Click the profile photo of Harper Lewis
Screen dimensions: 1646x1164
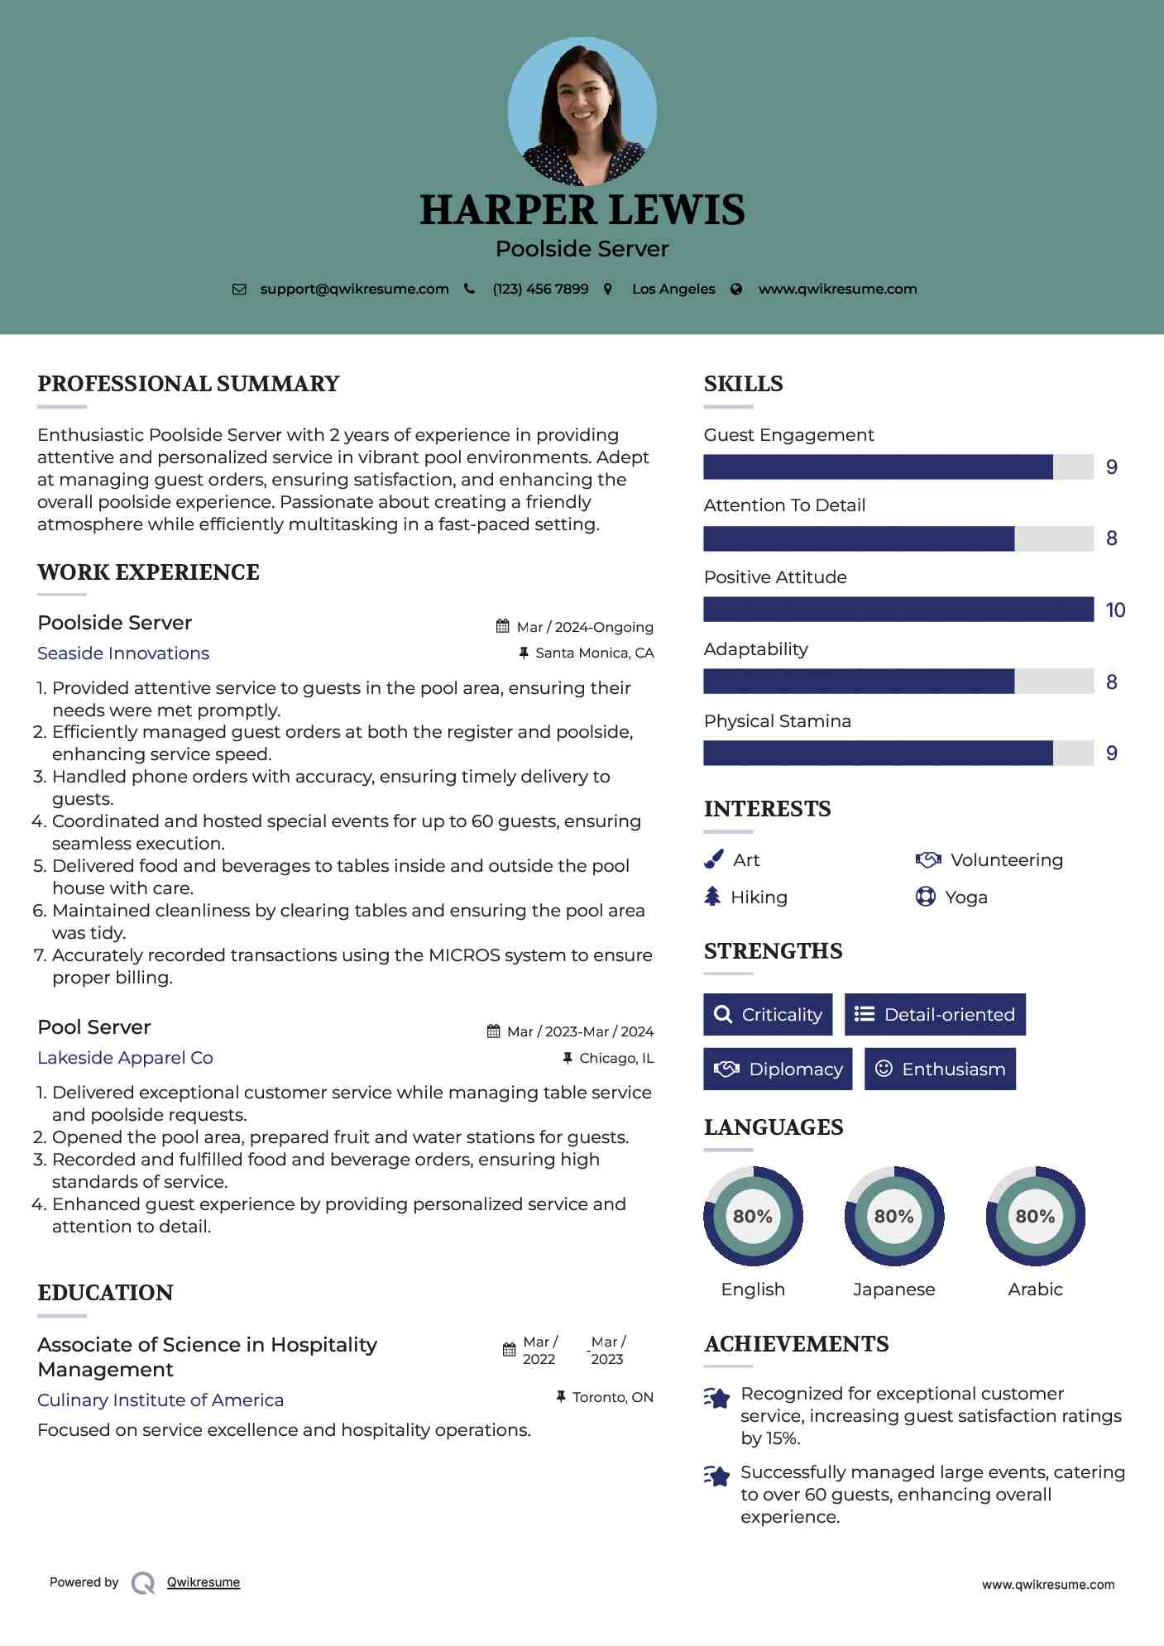click(582, 111)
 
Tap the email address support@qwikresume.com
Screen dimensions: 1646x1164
click(354, 289)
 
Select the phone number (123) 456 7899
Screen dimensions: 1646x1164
click(540, 289)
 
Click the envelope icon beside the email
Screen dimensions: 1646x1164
click(239, 289)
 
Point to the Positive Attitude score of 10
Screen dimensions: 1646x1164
click(1114, 610)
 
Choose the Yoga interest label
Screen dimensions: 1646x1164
click(965, 897)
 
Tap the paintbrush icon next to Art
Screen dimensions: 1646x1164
click(713, 860)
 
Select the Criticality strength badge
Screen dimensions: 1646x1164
click(768, 1015)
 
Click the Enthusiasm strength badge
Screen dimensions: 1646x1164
click(940, 1069)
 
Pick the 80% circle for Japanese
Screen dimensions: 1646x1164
click(893, 1217)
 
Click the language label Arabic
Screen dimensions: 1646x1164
click(1035, 1290)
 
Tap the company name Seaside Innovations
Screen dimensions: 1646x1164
click(123, 653)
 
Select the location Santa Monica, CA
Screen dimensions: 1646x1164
click(594, 653)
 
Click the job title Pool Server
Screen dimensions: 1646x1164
click(94, 1027)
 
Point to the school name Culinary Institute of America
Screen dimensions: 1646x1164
click(160, 1400)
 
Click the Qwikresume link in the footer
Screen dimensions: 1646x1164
click(204, 1582)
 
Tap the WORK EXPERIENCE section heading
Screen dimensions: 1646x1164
click(148, 572)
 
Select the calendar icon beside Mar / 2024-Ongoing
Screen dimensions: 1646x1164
click(502, 626)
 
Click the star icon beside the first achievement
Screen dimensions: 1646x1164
click(716, 1398)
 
